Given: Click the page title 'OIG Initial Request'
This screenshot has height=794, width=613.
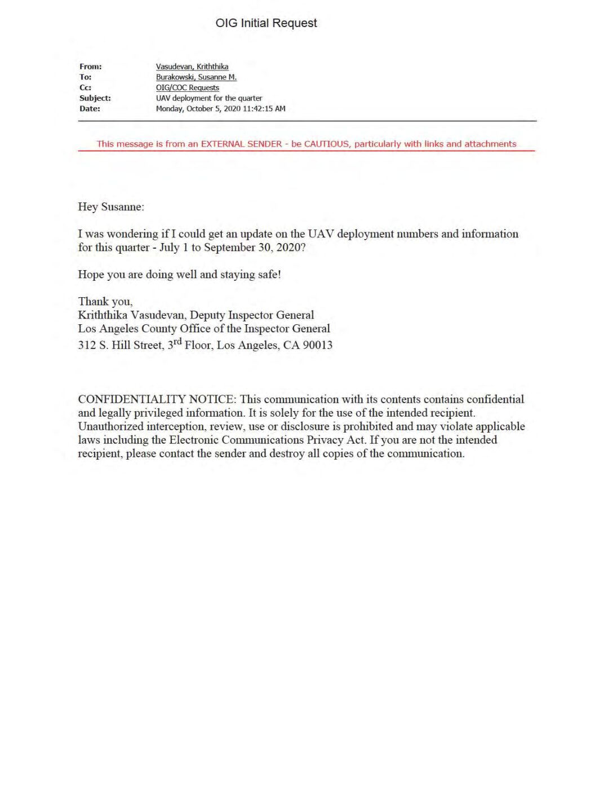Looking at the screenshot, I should (x=266, y=23).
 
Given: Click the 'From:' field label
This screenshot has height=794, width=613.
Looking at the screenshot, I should (x=91, y=67).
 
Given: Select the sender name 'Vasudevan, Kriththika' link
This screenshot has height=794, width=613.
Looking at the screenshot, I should (x=192, y=67).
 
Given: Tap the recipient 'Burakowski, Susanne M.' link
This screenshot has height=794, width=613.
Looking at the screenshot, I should (x=196, y=77).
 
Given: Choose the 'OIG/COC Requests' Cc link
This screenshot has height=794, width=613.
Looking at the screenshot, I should (x=188, y=87).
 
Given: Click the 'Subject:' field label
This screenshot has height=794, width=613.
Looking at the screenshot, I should (x=95, y=98).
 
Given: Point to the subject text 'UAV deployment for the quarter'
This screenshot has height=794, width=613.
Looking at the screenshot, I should (x=209, y=98).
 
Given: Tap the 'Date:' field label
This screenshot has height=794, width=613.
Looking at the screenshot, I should (x=90, y=109).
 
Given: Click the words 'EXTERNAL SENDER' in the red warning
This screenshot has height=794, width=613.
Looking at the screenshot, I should (x=241, y=144).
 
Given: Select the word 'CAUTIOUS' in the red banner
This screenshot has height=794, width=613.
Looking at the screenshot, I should (x=326, y=144).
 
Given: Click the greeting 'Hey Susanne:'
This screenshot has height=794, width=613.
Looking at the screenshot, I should (x=111, y=207).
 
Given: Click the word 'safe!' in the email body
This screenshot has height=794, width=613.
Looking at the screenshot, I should (x=267, y=275).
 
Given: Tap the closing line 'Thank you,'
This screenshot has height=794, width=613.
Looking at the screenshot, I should (x=105, y=302).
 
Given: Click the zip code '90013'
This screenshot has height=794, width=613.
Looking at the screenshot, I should (x=318, y=345).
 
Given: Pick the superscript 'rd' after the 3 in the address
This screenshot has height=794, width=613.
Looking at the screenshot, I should (x=177, y=341).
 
